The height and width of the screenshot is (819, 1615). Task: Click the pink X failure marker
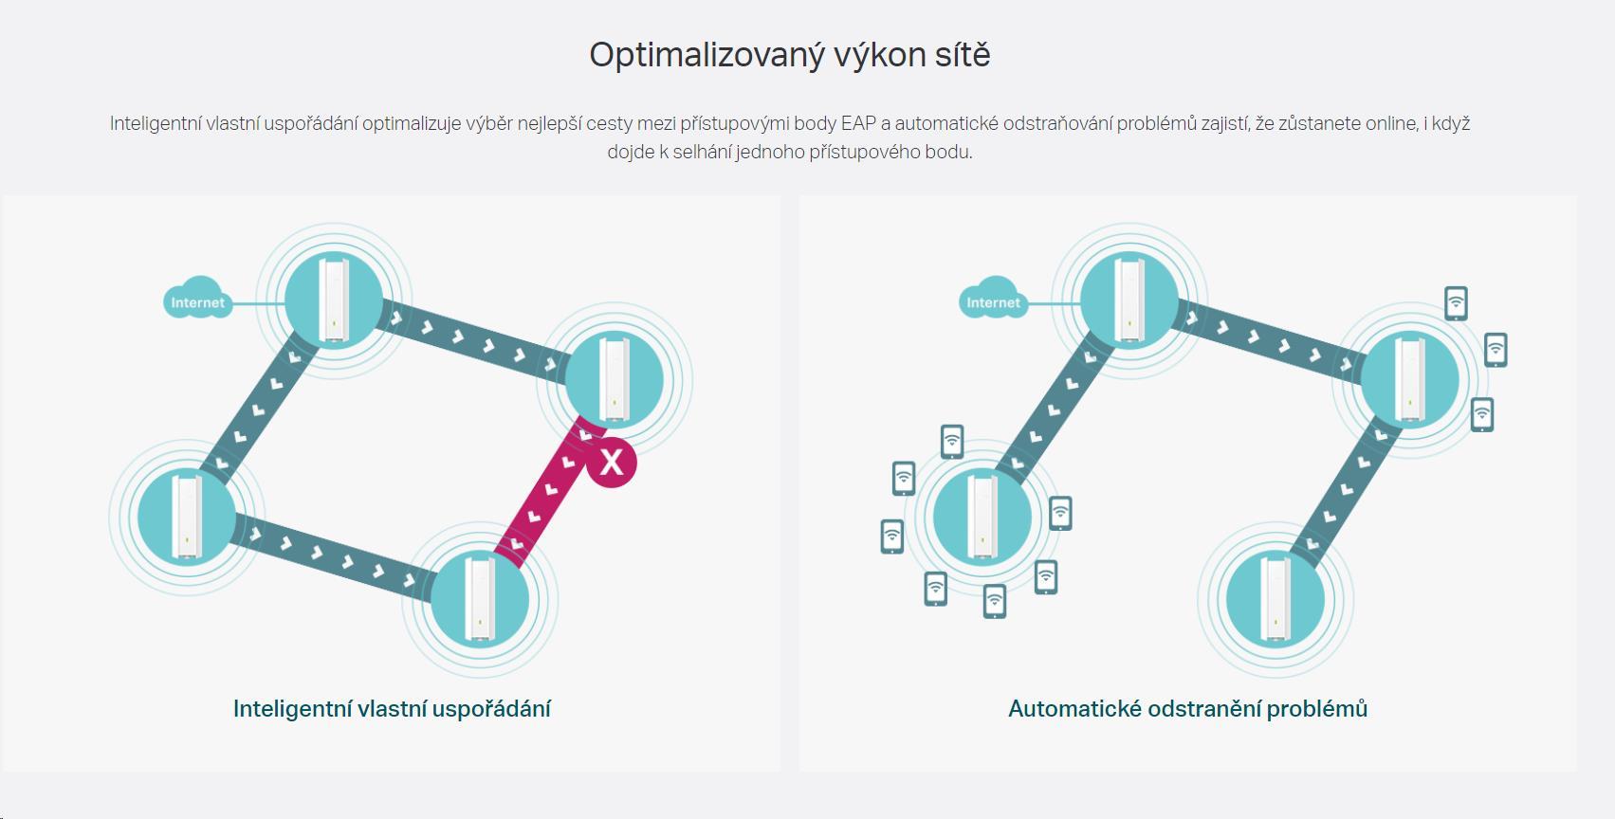tap(612, 463)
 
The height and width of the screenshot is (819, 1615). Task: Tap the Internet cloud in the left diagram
tap(197, 299)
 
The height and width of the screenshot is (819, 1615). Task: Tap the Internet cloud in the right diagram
tap(993, 299)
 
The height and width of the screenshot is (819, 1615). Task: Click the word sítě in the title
tap(963, 54)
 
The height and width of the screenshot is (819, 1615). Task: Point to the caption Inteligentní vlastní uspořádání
tap(392, 709)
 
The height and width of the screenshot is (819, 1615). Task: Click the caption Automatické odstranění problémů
tap(1187, 709)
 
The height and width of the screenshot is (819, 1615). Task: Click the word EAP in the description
tap(858, 124)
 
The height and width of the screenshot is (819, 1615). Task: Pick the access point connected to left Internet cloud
tap(334, 300)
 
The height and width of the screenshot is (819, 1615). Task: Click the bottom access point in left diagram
tap(480, 599)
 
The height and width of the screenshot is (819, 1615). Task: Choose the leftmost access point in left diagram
tap(187, 517)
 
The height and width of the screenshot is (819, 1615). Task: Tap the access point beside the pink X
tap(615, 380)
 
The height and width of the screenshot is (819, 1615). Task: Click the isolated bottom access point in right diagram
tap(1275, 599)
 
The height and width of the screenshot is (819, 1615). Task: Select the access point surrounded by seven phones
tap(982, 517)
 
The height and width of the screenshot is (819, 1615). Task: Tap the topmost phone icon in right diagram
tap(1456, 302)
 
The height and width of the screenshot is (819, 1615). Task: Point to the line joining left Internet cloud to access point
tap(258, 303)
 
